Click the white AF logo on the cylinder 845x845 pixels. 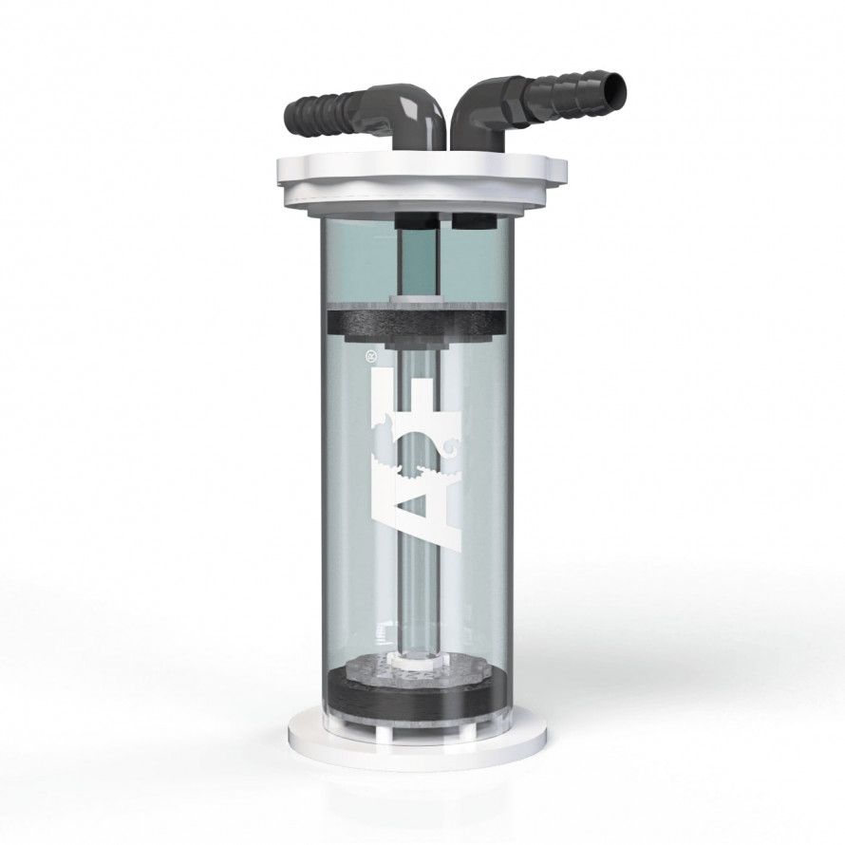pyautogui.click(x=418, y=456)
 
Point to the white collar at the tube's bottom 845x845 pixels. pyautogui.click(x=418, y=655)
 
